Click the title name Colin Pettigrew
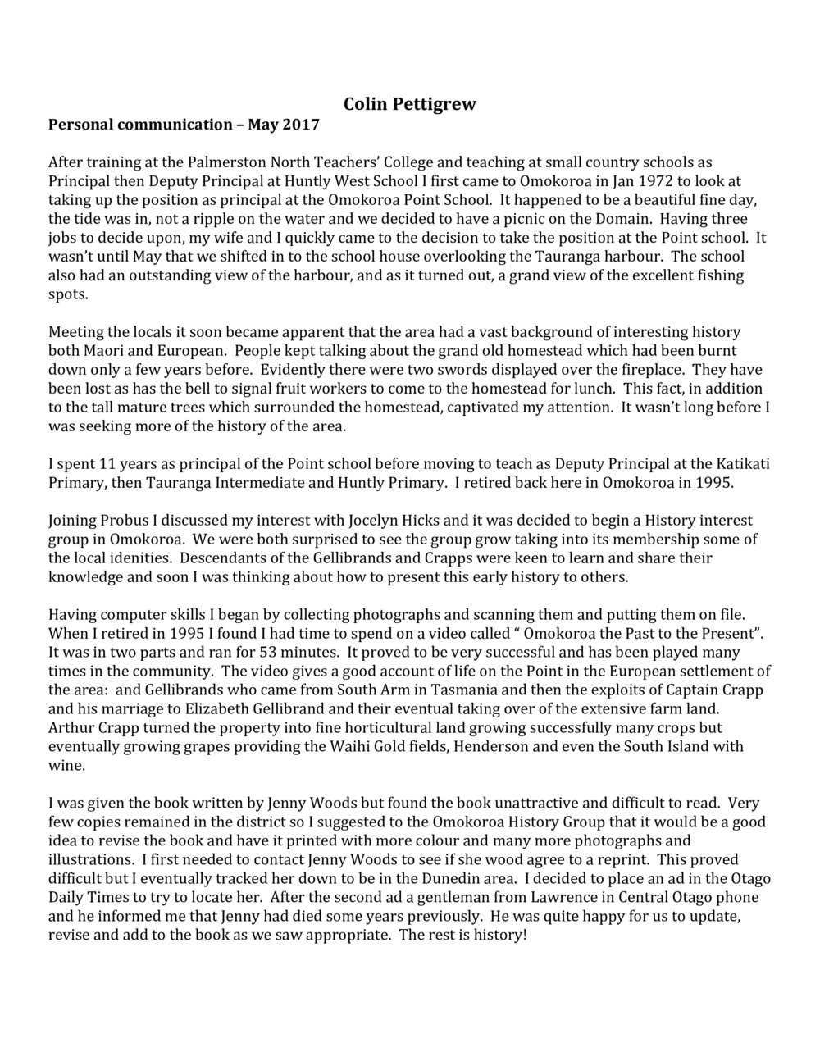(409, 104)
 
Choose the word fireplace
(635, 369)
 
